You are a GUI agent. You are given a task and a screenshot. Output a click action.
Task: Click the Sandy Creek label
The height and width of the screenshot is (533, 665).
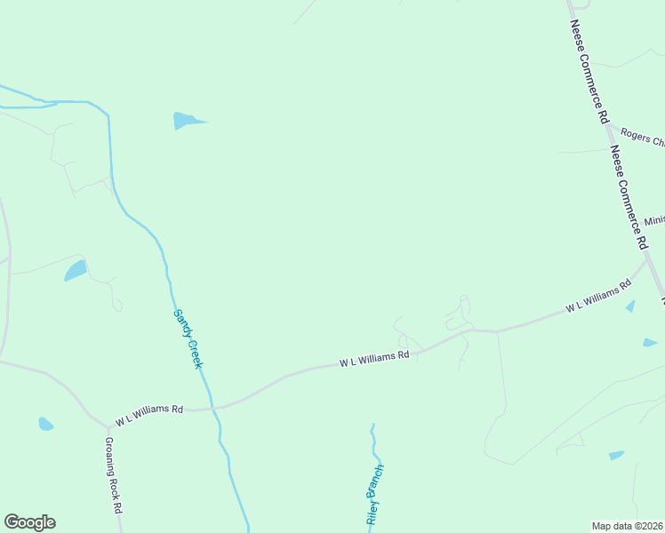click(188, 338)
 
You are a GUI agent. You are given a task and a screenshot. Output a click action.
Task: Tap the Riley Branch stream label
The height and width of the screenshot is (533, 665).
click(374, 494)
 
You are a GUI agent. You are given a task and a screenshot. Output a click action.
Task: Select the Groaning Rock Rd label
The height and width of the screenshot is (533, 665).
click(113, 475)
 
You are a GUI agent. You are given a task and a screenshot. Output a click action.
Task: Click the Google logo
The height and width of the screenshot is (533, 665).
click(29, 522)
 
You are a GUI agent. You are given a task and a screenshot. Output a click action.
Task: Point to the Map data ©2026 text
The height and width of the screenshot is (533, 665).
click(628, 525)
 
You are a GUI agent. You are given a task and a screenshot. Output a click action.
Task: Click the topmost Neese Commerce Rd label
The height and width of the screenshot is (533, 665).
click(589, 71)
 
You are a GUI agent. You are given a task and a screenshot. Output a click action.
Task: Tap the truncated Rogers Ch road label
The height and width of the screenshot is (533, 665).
click(642, 139)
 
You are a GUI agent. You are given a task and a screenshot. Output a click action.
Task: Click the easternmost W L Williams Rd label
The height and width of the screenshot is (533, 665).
click(598, 296)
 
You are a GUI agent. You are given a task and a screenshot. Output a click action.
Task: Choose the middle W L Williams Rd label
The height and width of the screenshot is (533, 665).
click(373, 359)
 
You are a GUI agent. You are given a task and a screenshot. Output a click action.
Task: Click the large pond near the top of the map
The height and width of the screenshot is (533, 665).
click(188, 120)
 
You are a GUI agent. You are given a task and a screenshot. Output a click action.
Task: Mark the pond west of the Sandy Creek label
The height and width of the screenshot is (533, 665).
click(76, 270)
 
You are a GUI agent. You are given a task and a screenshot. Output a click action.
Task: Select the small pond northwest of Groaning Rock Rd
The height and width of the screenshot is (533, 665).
click(45, 424)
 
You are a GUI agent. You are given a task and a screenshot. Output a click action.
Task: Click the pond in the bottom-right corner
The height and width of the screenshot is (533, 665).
click(616, 456)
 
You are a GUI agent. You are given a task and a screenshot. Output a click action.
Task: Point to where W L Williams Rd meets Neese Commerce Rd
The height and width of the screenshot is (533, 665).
click(647, 260)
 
